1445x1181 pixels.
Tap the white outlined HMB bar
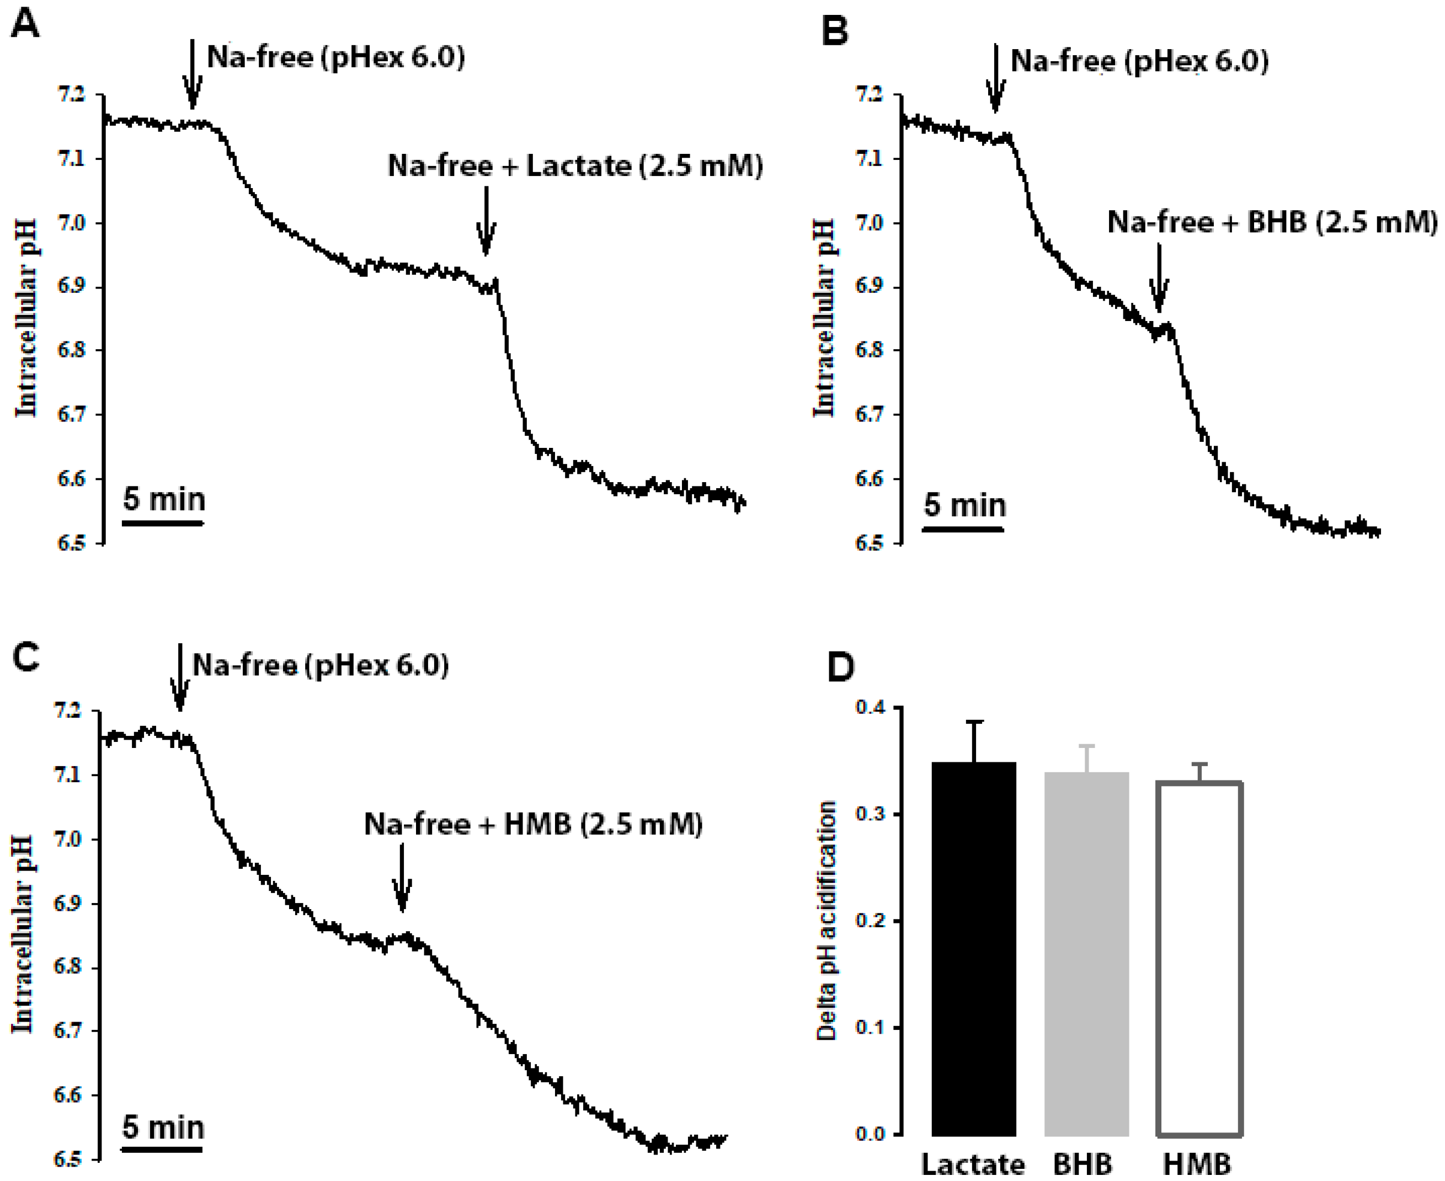[1199, 959]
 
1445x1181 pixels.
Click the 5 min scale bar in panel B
[963, 528]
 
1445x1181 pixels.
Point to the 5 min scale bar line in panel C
[162, 1149]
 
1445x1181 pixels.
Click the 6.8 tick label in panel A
[71, 350]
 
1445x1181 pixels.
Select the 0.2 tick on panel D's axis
[871, 921]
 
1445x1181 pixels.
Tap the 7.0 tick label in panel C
[67, 840]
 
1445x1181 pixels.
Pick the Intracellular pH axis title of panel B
[824, 318]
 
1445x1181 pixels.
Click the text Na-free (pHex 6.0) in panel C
[321, 665]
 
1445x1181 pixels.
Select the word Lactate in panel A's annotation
[578, 166]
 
